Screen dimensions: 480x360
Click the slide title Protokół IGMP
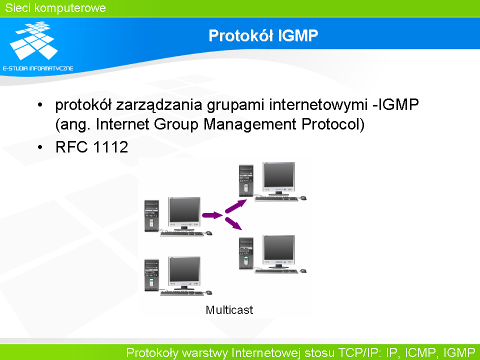click(x=263, y=35)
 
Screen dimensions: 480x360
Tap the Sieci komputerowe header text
click(x=55, y=8)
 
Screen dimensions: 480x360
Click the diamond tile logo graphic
click(x=33, y=40)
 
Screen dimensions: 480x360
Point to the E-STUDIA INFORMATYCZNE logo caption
click(x=38, y=68)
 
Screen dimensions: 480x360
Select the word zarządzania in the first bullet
click(x=159, y=105)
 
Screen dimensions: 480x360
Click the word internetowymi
click(x=318, y=104)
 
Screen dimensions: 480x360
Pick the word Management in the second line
click(x=250, y=124)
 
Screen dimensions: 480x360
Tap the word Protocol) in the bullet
click(x=333, y=124)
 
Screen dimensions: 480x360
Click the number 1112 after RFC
click(x=110, y=147)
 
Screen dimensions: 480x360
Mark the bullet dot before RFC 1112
click(x=40, y=147)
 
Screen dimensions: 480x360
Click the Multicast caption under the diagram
click(x=229, y=310)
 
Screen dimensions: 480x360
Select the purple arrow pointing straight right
click(x=212, y=215)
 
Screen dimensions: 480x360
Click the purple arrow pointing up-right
click(x=235, y=206)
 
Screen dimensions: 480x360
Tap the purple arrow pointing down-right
click(x=233, y=223)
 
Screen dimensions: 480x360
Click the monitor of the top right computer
click(x=278, y=179)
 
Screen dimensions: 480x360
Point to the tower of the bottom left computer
click(x=151, y=275)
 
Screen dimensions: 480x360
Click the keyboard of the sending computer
click(x=182, y=234)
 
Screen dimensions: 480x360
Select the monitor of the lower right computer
click(x=278, y=251)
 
